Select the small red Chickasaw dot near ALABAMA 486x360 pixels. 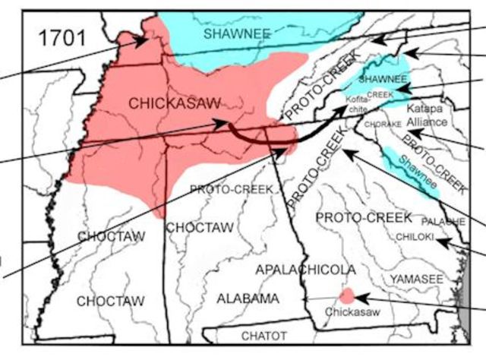click(346, 295)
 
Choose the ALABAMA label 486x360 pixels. click(248, 298)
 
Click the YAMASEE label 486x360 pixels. click(416, 280)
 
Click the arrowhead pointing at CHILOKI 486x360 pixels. click(447, 242)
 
